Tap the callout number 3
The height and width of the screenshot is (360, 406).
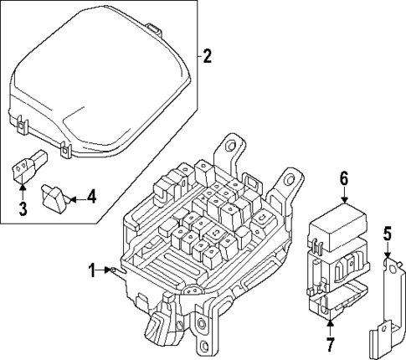22,206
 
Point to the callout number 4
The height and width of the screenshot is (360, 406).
91,198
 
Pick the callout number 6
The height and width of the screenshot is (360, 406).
343,178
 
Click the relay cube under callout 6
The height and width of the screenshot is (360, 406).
332,230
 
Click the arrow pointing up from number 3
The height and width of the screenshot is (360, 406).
22,190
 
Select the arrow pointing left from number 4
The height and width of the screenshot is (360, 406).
75,198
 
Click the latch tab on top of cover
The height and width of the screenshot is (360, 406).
152,30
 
